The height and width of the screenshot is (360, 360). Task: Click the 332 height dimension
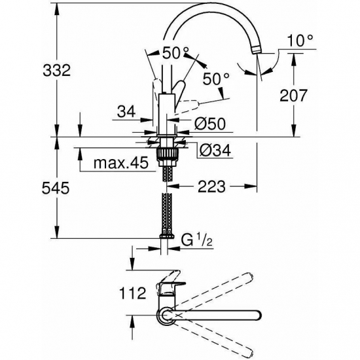(x=57, y=70)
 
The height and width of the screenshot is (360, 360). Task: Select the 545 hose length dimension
(x=56, y=188)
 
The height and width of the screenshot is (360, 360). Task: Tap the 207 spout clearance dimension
(x=293, y=96)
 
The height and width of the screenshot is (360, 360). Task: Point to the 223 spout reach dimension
(x=211, y=187)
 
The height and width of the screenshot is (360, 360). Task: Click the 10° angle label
(x=300, y=41)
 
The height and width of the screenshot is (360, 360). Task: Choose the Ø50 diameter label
(x=210, y=124)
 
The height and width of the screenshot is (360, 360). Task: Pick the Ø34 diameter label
(x=215, y=151)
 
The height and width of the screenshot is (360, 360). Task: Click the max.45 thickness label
(x=121, y=163)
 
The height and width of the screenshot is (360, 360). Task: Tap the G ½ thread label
(x=197, y=240)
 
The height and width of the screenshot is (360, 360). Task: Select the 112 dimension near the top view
(x=133, y=293)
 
